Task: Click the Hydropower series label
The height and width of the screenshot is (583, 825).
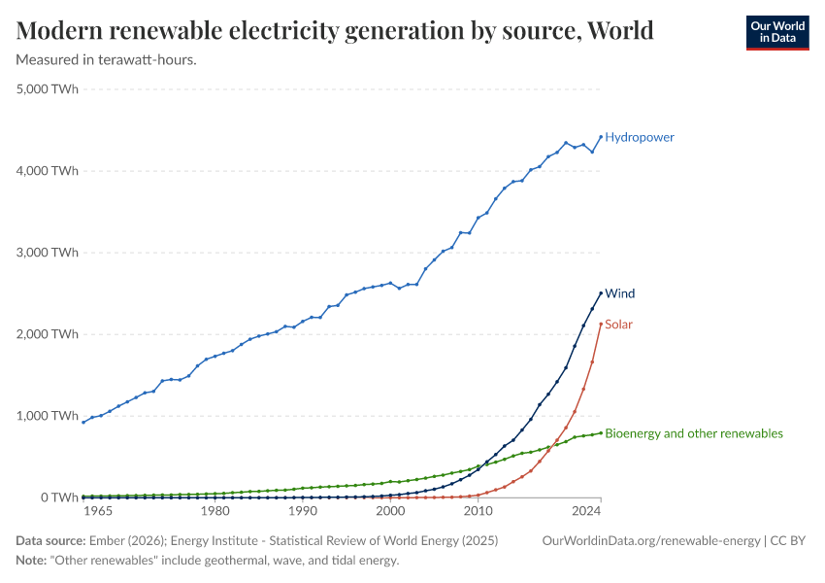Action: pos(639,137)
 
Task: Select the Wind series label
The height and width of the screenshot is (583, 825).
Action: pos(620,293)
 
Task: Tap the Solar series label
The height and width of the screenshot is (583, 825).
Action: pos(618,324)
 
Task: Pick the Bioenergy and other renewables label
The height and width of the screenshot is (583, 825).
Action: pos(693,433)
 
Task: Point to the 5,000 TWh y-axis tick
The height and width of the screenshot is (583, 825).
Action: pos(48,89)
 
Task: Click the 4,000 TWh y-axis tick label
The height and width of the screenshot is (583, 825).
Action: pos(48,171)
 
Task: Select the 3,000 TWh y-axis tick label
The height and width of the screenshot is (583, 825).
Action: pos(48,253)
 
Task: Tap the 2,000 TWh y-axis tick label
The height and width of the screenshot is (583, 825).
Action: pos(48,334)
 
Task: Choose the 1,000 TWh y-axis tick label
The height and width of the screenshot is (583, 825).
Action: pos(48,416)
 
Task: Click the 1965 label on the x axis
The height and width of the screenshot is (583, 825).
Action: pos(99,511)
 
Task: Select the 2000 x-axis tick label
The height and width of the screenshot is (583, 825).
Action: pos(390,511)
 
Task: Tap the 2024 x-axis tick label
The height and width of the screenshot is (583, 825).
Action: pos(586,511)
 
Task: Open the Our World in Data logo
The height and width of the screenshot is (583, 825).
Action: pos(776,32)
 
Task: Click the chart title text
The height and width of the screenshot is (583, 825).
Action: pos(335,30)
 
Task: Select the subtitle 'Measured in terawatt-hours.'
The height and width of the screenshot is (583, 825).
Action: pos(107,60)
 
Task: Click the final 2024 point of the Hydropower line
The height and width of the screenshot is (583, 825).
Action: pos(601,136)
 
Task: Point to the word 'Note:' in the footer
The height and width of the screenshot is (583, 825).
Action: pos(34,561)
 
